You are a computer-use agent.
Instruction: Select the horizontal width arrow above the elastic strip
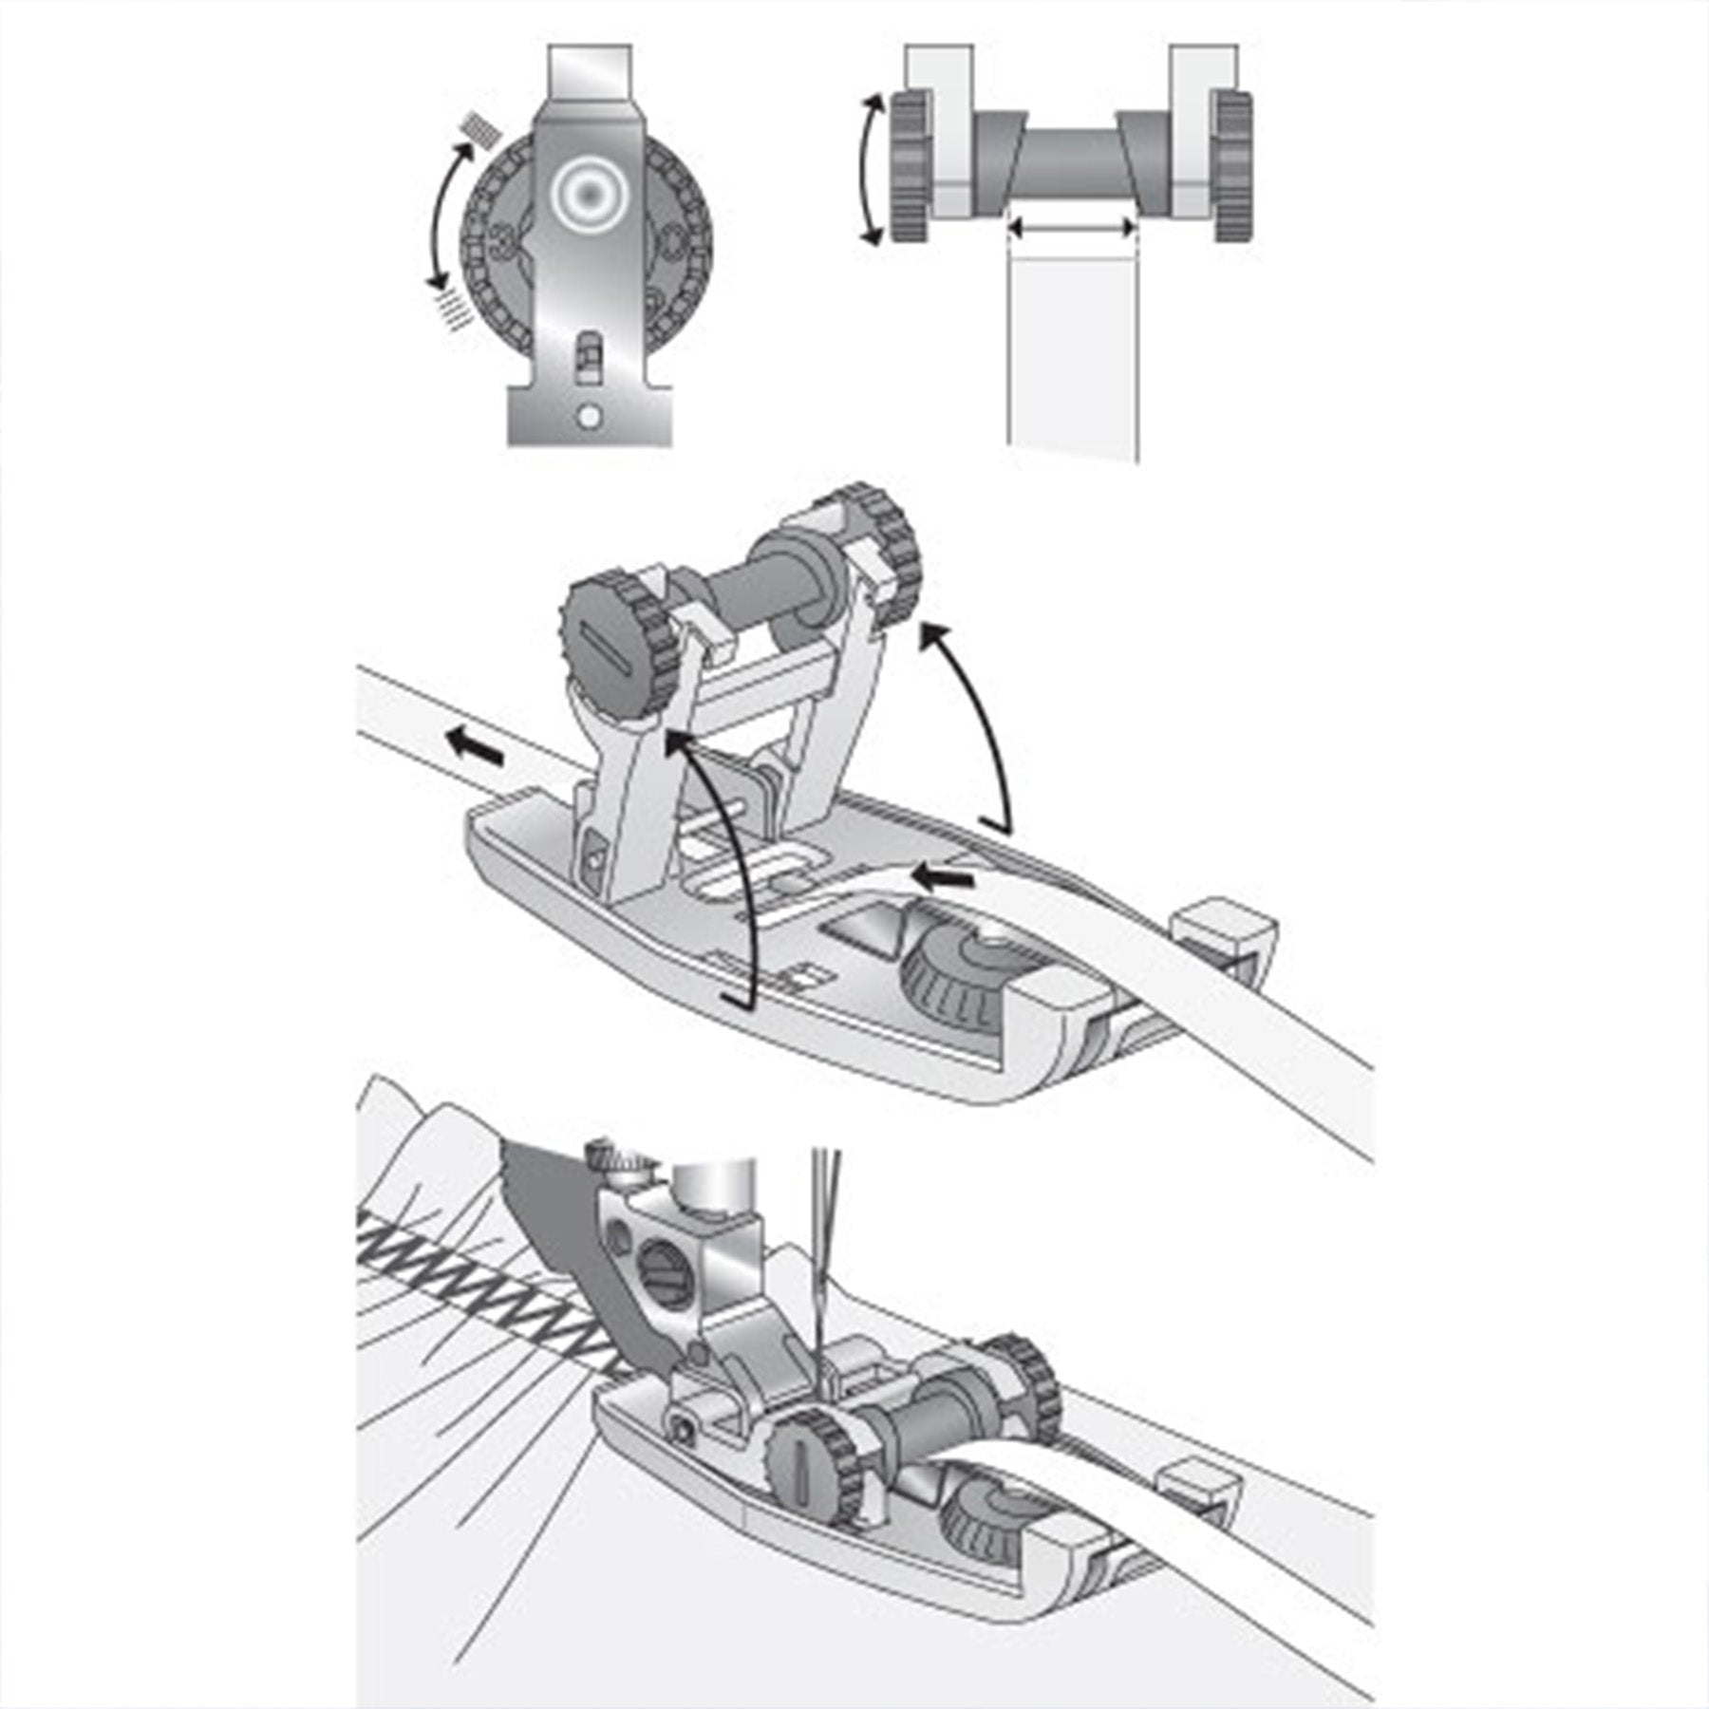[x=1070, y=227]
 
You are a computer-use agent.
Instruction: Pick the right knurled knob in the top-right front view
[x=1232, y=166]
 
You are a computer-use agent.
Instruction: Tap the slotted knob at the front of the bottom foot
[x=799, y=1462]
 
